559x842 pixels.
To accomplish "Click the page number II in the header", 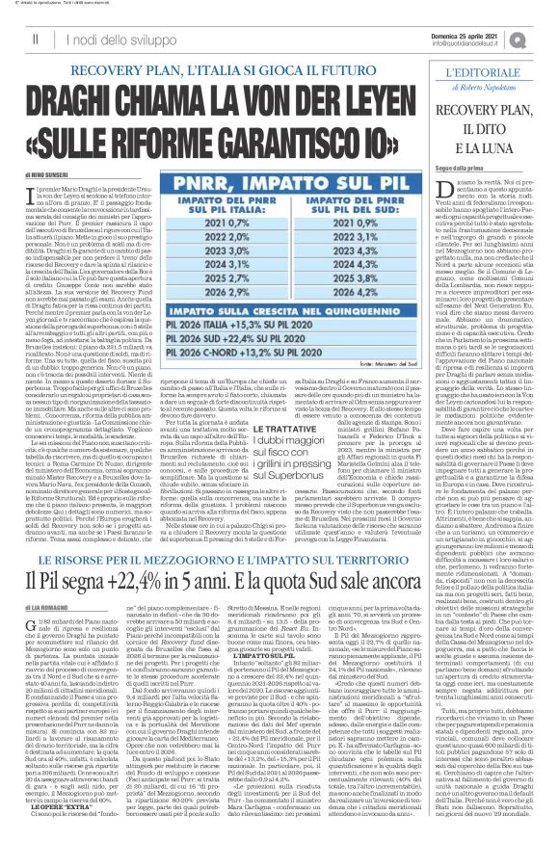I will (x=35, y=35).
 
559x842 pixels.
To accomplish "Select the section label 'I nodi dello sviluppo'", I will (x=104, y=36).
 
